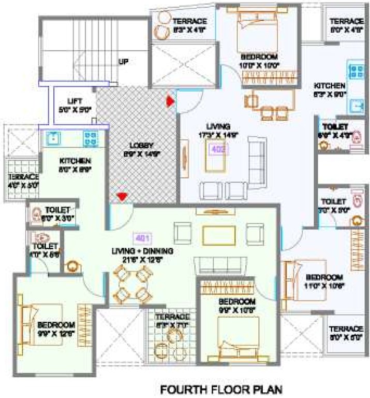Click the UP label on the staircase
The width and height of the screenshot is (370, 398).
click(123, 62)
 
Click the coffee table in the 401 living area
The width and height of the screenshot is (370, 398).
click(217, 234)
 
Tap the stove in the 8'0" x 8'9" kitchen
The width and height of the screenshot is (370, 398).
click(92, 138)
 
